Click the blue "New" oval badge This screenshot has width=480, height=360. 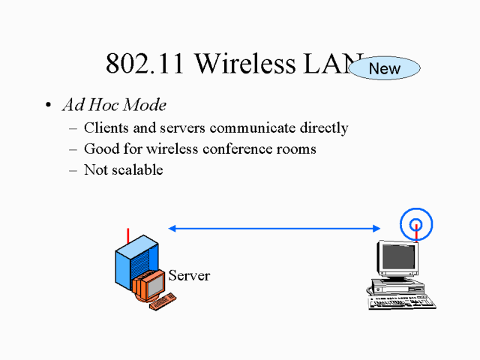pos(385,68)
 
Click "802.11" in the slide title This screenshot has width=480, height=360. pos(145,64)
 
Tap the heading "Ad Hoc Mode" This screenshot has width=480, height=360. pos(114,105)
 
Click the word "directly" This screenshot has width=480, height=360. pos(323,128)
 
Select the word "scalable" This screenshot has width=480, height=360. pos(136,169)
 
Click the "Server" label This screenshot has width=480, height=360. pos(189,275)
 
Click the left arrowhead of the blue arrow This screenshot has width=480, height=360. pos(172,228)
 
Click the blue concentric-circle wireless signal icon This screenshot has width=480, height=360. pos(415,223)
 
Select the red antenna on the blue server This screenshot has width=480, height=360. pos(128,234)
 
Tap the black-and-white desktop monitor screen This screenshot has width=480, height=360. pos(397,259)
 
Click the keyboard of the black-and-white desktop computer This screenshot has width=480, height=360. pos(401,302)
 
